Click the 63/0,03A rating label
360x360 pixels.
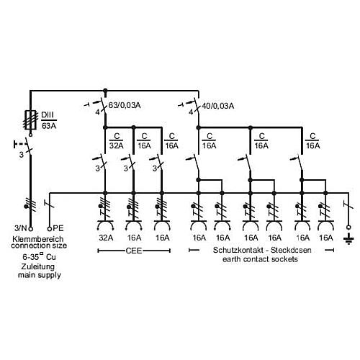tap(125, 105)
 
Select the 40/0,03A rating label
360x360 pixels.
tap(218, 106)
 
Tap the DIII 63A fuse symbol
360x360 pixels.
tap(30, 120)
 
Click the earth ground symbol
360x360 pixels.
tap(348, 239)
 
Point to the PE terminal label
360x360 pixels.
tap(58, 228)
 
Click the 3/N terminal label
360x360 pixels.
tap(21, 228)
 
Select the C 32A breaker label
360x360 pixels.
tap(117, 141)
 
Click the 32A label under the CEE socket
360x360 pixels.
tap(106, 238)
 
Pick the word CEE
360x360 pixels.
tap(134, 251)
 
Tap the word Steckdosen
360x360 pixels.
tap(291, 250)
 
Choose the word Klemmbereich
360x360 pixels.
tap(38, 239)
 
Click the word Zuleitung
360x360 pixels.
tap(38, 266)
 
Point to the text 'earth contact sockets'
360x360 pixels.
tap(260, 259)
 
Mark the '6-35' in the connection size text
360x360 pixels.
tap(31, 257)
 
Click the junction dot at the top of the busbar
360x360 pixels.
tap(105, 91)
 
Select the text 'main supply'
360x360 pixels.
tap(40, 275)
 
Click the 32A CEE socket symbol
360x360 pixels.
tap(105, 225)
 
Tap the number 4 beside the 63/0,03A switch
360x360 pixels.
tap(97, 112)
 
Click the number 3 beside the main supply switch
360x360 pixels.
tap(22, 155)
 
